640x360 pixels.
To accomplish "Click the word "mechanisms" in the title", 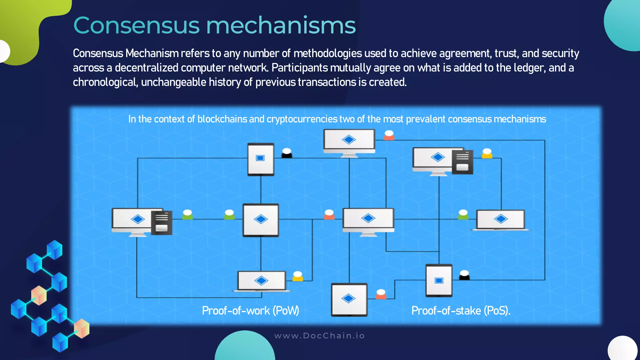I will coord(281,26).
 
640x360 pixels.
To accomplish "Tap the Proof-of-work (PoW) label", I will coord(250,311).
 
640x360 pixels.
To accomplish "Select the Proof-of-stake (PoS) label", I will coord(461,311).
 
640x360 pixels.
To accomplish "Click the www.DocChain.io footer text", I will coord(319,336).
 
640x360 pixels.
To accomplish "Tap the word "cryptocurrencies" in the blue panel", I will coord(302,119).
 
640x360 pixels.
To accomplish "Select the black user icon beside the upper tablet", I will coord(287,153).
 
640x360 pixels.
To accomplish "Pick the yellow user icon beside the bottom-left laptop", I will coord(297,276).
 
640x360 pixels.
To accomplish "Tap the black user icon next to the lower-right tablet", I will coord(464,275).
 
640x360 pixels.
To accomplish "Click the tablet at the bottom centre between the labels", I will coord(349,299).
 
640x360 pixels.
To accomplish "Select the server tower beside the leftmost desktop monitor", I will coord(162,222).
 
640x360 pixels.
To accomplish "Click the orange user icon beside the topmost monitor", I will coord(389,135).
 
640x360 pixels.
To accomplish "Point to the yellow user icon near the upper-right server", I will coord(487,153).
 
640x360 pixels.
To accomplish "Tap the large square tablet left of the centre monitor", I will coord(261,220).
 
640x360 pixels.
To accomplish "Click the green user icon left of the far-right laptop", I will coord(463,215).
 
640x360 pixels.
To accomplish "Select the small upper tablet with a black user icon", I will coord(261,159).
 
